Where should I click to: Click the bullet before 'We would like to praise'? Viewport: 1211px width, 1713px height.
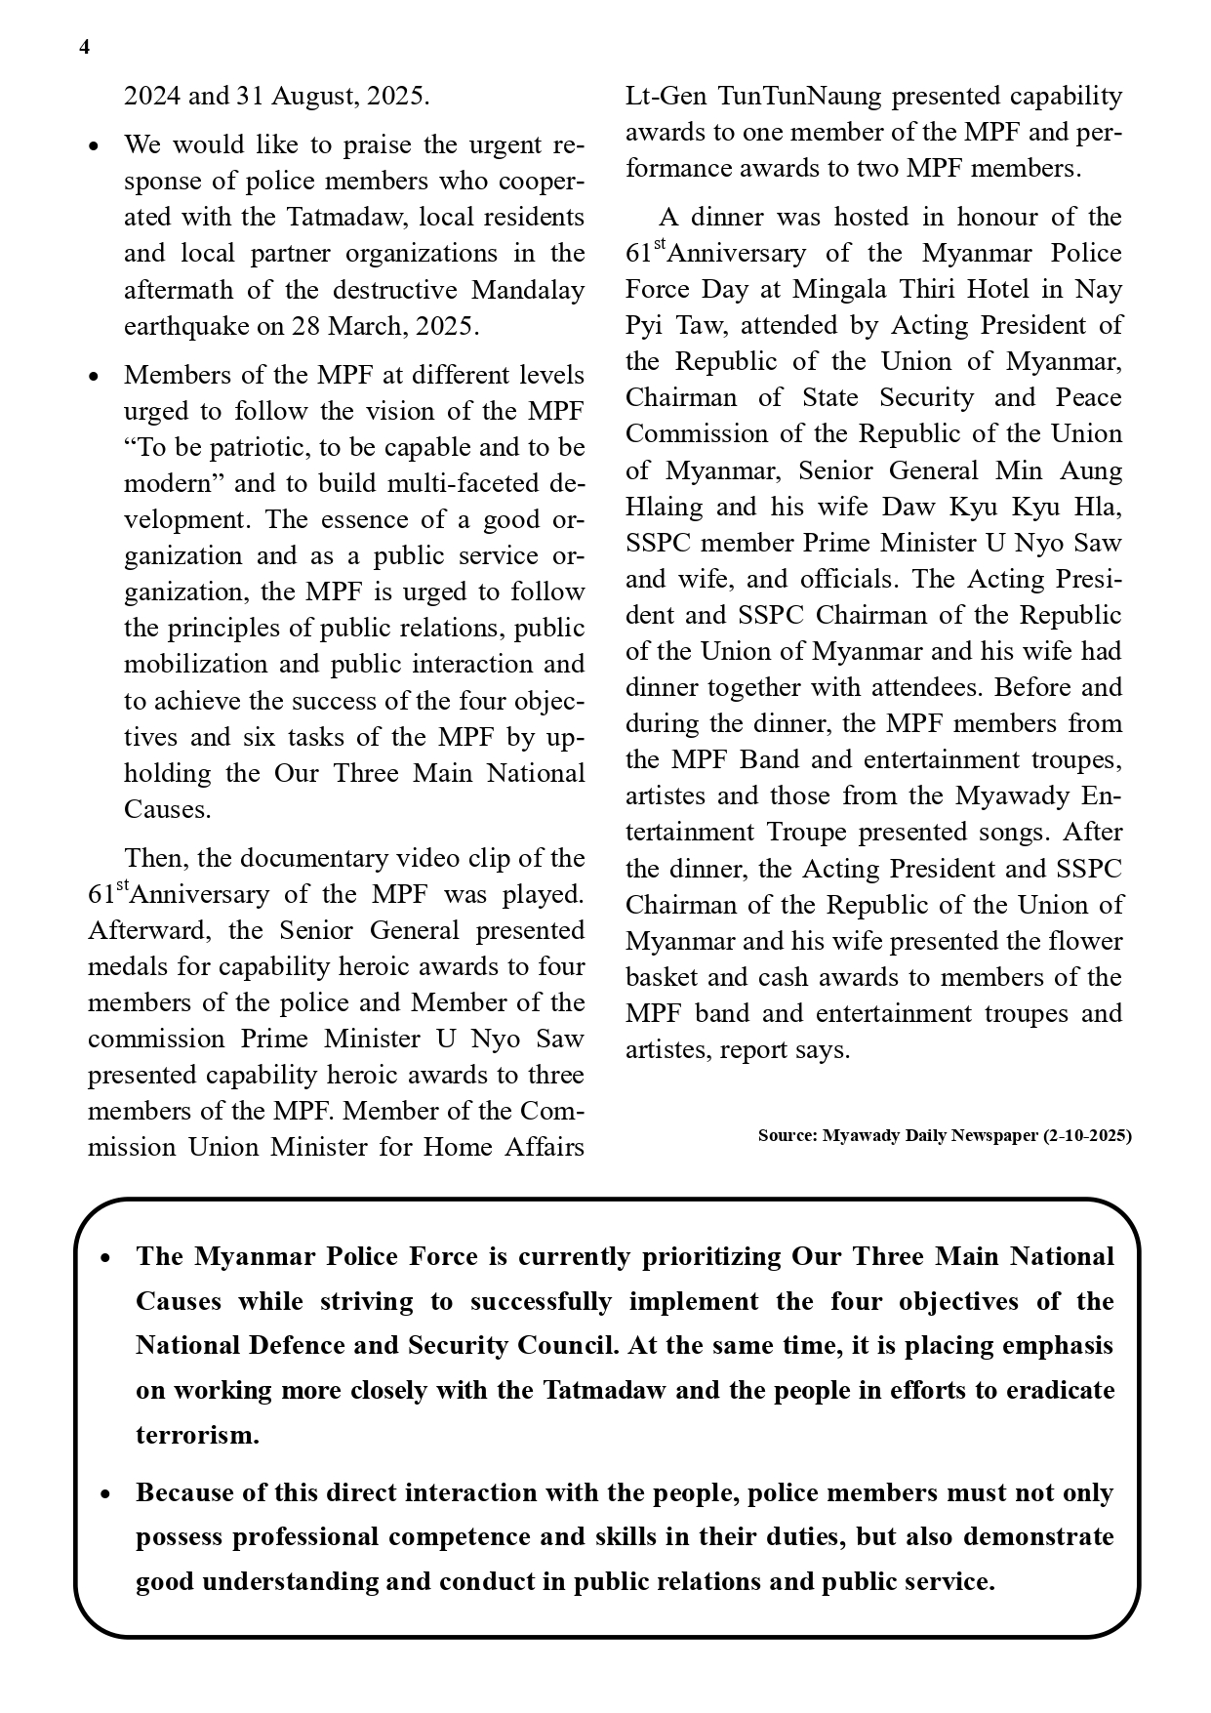coord(94,146)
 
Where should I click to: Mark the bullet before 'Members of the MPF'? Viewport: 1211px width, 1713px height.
coord(94,377)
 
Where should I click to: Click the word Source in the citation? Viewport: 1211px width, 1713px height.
coord(786,1135)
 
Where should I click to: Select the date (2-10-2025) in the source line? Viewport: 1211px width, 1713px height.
coord(1087,1135)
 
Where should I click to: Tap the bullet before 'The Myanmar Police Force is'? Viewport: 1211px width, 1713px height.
coord(105,1258)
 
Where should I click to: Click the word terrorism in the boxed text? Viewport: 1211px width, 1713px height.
coord(197,1435)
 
